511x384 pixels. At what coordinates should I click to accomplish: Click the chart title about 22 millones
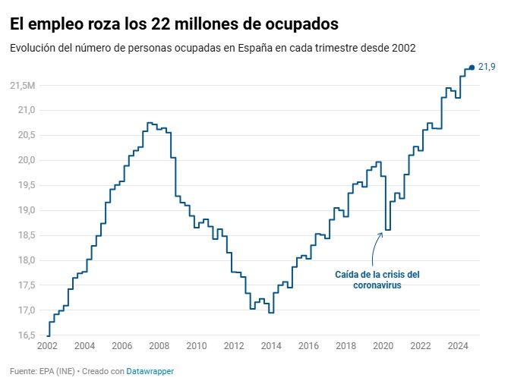[x=174, y=24]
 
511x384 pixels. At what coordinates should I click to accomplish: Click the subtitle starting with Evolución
[x=213, y=48]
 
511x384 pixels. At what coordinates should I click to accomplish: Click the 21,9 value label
[x=487, y=68]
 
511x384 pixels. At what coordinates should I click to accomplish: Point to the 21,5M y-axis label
[x=23, y=85]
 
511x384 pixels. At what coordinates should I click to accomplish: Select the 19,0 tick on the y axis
[x=27, y=210]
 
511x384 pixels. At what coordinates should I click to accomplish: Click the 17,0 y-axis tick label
[x=27, y=310]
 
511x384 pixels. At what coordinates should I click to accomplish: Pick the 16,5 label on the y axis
[x=27, y=335]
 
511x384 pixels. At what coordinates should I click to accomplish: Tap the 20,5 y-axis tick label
[x=27, y=135]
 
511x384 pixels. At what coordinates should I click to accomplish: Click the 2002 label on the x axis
[x=47, y=347]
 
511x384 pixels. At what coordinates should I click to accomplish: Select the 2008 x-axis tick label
[x=159, y=347]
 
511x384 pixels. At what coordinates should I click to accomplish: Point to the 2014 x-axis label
[x=271, y=347]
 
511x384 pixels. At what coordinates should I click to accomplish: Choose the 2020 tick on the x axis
[x=383, y=347]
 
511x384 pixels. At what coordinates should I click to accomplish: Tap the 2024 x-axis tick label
[x=458, y=347]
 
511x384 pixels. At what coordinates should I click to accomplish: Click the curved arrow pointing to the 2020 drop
[x=375, y=247]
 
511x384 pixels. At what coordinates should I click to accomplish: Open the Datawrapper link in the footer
[x=150, y=372]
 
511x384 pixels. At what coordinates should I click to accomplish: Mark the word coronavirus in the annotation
[x=377, y=286]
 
